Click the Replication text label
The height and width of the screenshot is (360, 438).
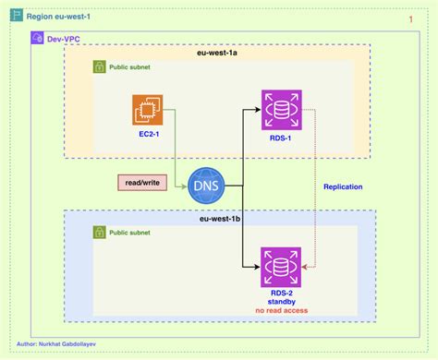point(343,186)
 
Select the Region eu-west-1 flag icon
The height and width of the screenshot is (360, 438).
point(16,16)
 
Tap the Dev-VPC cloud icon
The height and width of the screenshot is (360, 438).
point(36,40)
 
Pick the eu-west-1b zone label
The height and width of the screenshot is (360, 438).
point(219,220)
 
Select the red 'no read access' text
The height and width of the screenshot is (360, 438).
point(280,311)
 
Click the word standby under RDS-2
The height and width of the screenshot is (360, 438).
point(280,302)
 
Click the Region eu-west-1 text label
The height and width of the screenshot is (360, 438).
point(60,16)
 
